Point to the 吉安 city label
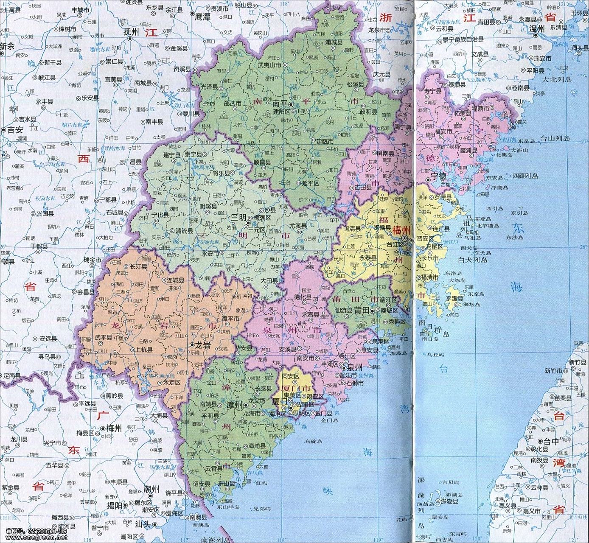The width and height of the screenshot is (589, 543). pyautogui.click(x=14, y=130)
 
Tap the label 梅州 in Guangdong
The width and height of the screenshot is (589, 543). pyautogui.click(x=114, y=428)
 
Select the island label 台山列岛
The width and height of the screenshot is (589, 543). pyautogui.click(x=555, y=138)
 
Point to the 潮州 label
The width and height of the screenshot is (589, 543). pyautogui.click(x=151, y=489)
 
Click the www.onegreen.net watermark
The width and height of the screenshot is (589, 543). pyautogui.click(x=34, y=537)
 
